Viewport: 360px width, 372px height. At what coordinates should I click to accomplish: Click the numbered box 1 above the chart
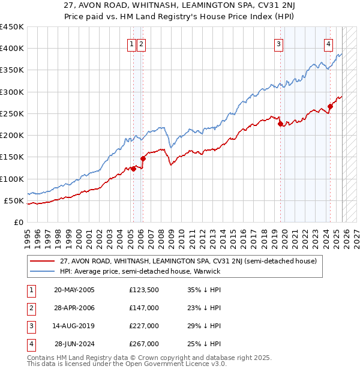tap(131, 43)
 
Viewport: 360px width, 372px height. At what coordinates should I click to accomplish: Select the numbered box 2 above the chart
tap(140, 43)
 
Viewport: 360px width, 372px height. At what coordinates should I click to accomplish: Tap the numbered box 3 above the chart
tap(279, 43)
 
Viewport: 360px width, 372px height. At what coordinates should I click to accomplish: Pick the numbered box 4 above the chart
tap(329, 43)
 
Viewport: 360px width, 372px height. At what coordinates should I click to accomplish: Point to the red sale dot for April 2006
tap(143, 158)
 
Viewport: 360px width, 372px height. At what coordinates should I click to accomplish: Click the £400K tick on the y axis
tap(12, 49)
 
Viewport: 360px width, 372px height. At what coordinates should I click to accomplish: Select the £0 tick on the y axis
tap(19, 222)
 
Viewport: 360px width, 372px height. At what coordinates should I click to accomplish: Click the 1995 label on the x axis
tap(28, 235)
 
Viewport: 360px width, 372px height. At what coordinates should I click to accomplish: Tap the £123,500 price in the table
tap(144, 290)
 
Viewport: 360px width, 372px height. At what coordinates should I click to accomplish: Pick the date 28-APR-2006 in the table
tap(74, 308)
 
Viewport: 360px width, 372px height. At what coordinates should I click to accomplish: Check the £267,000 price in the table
tap(144, 344)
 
